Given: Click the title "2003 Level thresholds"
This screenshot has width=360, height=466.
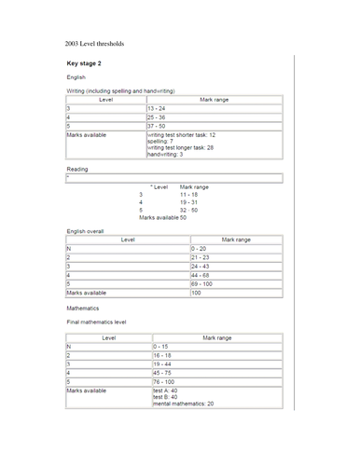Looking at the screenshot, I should pyautogui.click(x=94, y=44).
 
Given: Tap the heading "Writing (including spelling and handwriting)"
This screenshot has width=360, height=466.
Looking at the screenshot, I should pyautogui.click(x=119, y=90).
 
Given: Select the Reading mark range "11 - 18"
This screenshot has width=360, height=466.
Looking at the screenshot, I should pyautogui.click(x=189, y=194).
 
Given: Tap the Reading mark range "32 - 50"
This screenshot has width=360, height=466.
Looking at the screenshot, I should pyautogui.click(x=189, y=210).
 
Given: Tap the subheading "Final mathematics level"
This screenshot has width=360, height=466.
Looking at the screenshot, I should pyautogui.click(x=96, y=321).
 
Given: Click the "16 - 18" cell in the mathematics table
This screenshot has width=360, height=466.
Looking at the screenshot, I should pyautogui.click(x=163, y=355).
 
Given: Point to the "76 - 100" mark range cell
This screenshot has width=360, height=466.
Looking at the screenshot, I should pyautogui.click(x=165, y=381).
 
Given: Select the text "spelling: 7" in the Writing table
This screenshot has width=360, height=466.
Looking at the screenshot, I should pyautogui.click(x=165, y=141).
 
